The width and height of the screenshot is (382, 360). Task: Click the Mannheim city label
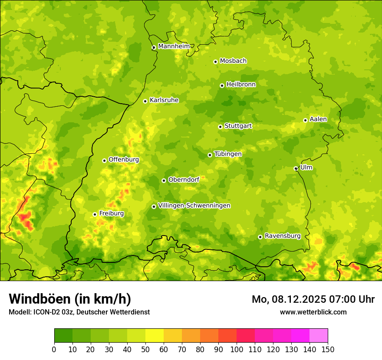tap(174, 46)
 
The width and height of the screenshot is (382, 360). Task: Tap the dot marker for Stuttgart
tap(220, 127)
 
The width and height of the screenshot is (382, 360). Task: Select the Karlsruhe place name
tap(164, 100)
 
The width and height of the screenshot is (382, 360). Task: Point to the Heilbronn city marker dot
tap(222, 85)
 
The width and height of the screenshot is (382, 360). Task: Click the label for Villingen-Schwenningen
tap(194, 206)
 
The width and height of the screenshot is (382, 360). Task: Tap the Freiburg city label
tap(111, 213)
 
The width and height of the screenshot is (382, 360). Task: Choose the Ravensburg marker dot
tap(260, 237)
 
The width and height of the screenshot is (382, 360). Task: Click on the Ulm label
tap(306, 167)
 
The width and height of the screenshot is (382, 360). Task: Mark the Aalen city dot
tap(305, 120)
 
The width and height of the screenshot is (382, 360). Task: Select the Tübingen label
tap(228, 154)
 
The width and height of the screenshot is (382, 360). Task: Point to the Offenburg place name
tap(124, 160)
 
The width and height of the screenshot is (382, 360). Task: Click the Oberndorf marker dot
tap(164, 180)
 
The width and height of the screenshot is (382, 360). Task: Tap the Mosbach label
tap(233, 61)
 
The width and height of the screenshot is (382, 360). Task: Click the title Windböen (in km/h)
tap(70, 299)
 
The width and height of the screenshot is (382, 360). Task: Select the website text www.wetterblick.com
tap(313, 312)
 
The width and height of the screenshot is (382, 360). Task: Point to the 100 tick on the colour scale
tap(237, 349)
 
